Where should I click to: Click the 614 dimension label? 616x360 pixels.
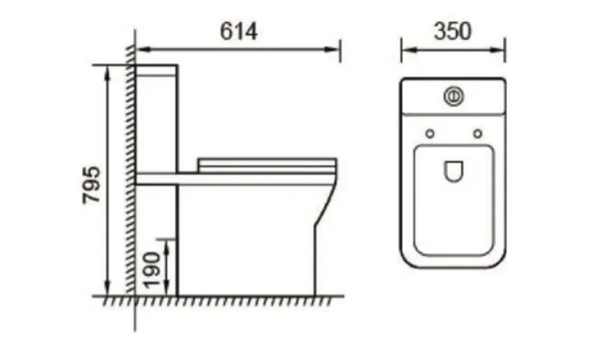point(239,32)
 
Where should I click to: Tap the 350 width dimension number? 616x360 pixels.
point(452,32)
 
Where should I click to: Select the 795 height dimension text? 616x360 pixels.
point(91,185)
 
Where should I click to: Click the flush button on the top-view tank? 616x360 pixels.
point(453,96)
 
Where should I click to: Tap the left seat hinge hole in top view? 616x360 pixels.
point(430,134)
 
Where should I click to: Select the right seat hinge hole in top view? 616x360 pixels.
point(478,134)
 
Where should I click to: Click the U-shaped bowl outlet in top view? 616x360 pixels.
point(453,172)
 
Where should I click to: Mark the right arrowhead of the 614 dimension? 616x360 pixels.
point(332,50)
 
